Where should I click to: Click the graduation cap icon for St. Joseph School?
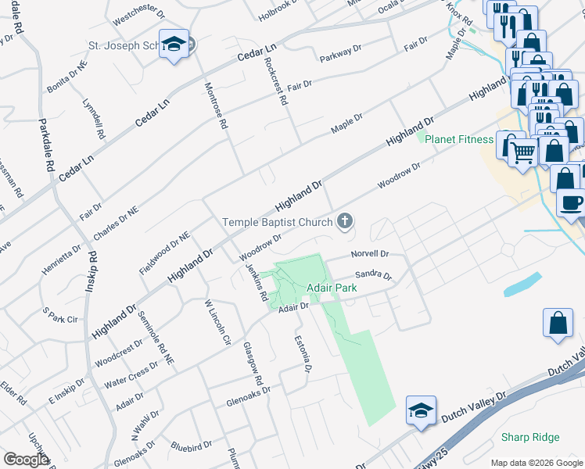(174, 45)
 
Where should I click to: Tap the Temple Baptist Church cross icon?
(343, 221)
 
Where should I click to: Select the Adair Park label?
(332, 288)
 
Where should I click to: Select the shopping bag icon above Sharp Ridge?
(558, 324)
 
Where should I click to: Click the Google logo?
(25, 459)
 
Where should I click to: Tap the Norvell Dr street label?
(370, 254)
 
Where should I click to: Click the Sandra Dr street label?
(372, 275)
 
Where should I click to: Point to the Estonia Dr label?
(303, 352)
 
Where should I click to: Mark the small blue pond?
(523, 284)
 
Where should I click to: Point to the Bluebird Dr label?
(191, 448)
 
